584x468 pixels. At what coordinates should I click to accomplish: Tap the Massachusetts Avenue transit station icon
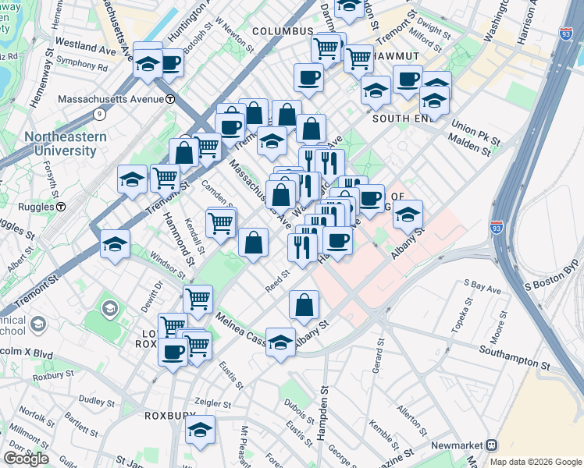(170, 99)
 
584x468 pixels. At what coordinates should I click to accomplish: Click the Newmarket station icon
(491, 445)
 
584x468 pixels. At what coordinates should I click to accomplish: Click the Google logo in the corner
(26, 459)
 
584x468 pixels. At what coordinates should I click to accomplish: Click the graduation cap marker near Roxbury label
(201, 430)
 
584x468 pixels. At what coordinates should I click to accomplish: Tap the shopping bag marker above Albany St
(304, 305)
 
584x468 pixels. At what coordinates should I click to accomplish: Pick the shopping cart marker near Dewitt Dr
(198, 298)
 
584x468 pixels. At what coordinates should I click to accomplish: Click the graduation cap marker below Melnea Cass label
(280, 342)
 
